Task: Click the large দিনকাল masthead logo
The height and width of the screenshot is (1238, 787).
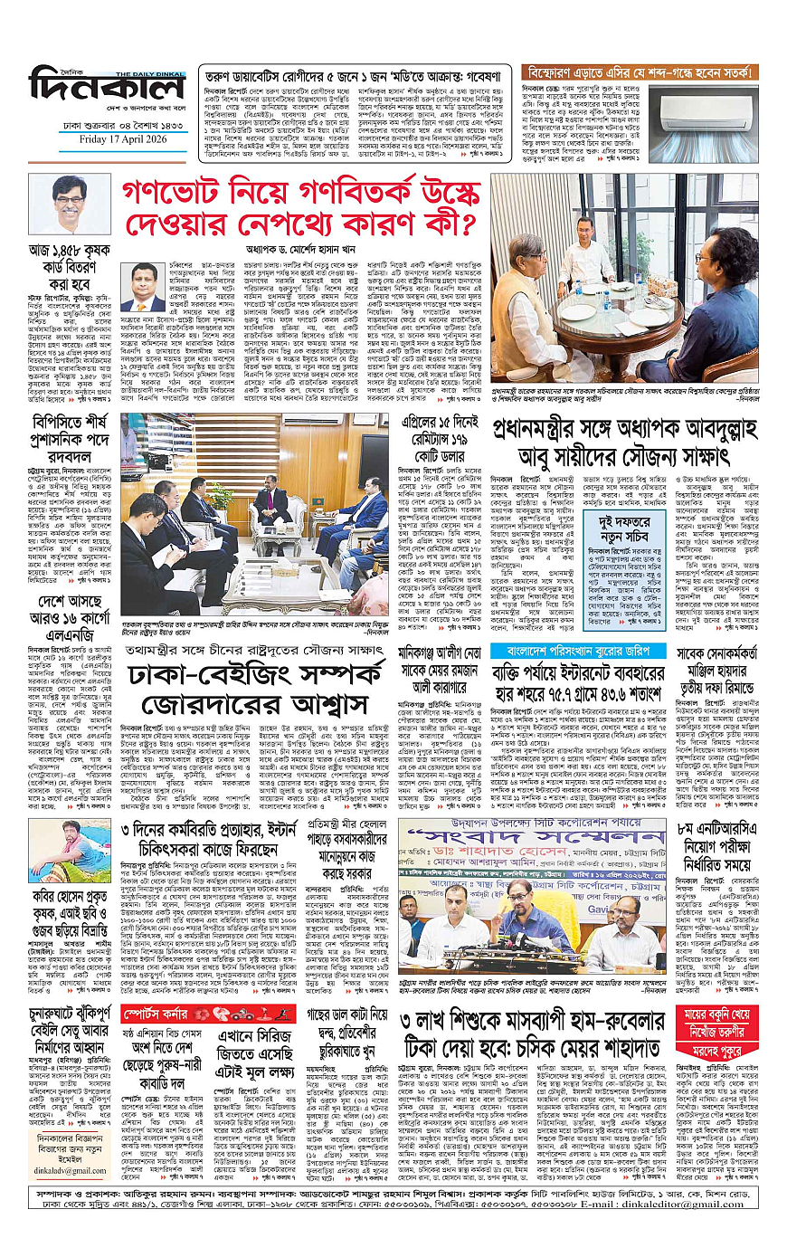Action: pyautogui.click(x=107, y=88)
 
